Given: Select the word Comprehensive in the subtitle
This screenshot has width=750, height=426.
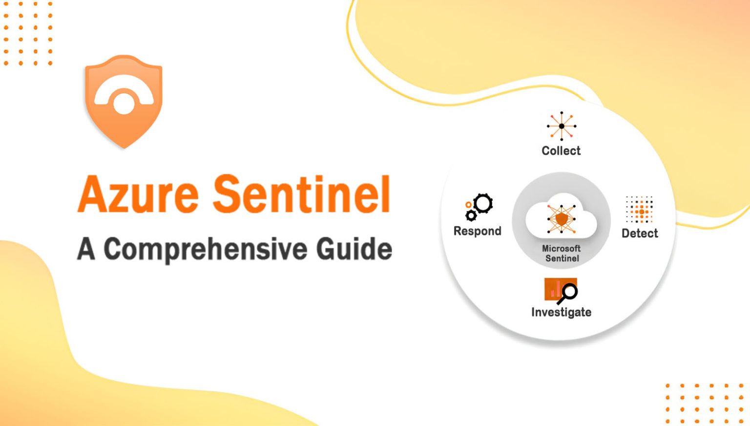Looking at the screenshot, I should point(205,250).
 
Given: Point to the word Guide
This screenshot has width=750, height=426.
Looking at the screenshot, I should point(354,249).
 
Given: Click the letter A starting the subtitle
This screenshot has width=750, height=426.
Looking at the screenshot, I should point(85,249).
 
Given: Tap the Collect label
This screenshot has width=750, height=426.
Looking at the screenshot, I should point(561,151).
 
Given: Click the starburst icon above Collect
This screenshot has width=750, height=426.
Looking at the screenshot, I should point(562,126).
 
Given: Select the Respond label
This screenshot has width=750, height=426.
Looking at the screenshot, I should point(477,231).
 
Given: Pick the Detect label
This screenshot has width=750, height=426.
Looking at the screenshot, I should point(640,234).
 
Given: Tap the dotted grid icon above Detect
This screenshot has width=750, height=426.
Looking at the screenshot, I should point(640,210).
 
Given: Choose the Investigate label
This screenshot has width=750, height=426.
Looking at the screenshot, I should point(561,312).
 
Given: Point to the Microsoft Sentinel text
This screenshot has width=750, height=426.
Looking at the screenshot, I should point(562,254).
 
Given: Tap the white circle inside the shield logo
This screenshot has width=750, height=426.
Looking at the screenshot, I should point(124,104).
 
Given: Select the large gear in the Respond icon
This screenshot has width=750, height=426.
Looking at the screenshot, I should point(483,204).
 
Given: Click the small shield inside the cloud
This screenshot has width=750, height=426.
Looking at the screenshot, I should point(562,219).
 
